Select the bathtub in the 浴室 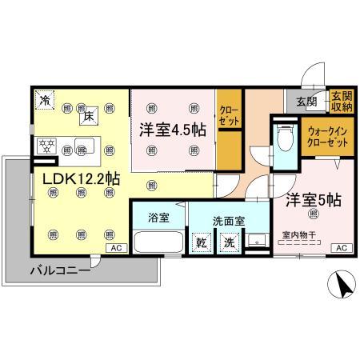(158, 242)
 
